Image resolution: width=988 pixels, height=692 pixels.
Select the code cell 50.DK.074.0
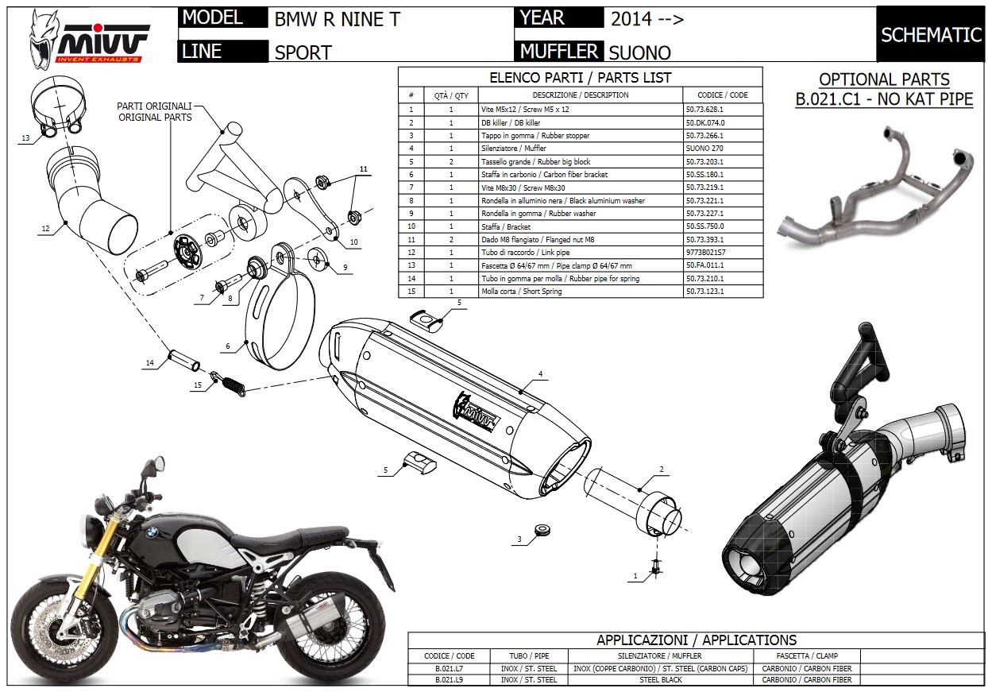[x=704, y=122]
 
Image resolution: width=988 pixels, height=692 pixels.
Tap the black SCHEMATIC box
[x=931, y=34]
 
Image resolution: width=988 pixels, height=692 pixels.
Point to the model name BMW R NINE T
[x=338, y=18]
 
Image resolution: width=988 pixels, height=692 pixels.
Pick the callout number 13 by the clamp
[x=25, y=137]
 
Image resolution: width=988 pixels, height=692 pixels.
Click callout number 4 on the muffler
[x=540, y=373]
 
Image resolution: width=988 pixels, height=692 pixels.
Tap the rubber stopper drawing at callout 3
[x=542, y=529]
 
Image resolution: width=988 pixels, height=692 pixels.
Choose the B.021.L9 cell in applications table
[x=450, y=680]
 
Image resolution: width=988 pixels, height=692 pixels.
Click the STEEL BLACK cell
[x=660, y=680]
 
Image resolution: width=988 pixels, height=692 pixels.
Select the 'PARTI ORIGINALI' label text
[x=154, y=106]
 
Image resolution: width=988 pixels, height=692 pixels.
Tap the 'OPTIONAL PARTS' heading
[x=884, y=79]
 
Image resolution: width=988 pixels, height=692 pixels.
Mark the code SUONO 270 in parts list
[x=704, y=149]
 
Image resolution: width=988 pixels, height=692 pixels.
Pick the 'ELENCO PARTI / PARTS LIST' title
[x=580, y=77]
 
